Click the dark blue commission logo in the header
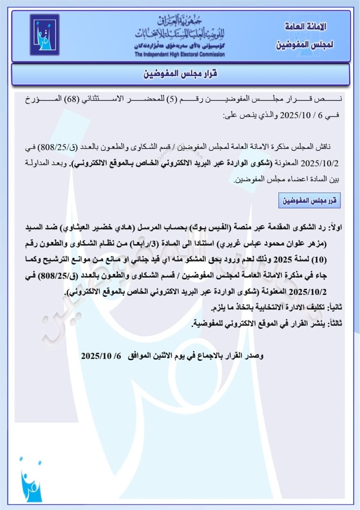click(x=44, y=35)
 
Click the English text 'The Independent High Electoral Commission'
click(x=180, y=55)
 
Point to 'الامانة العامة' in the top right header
click(x=304, y=26)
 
